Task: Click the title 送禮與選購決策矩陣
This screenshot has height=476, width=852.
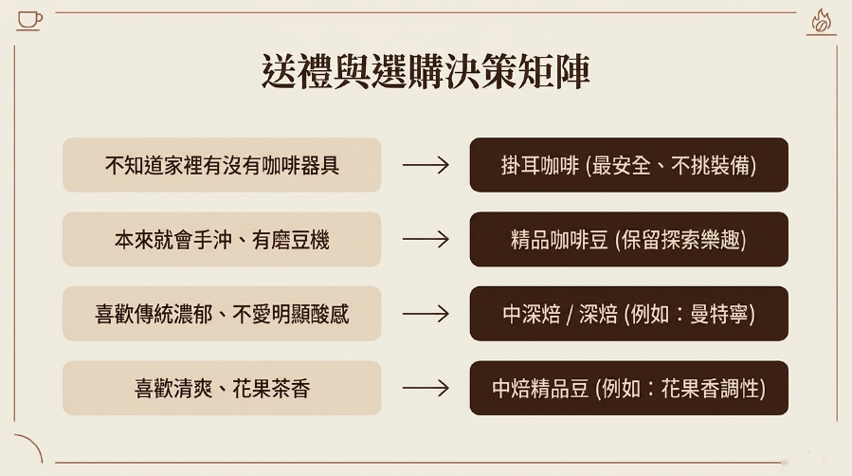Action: [426, 71]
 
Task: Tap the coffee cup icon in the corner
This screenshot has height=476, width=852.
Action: [29, 21]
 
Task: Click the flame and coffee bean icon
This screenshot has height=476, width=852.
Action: [821, 23]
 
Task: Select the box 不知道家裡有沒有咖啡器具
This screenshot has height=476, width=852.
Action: [222, 165]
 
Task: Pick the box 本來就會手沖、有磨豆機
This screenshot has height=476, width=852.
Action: [222, 239]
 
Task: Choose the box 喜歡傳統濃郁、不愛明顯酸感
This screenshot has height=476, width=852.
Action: [222, 314]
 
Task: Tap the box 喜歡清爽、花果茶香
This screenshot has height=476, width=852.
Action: [222, 388]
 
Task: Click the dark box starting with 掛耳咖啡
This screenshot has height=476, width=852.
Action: [628, 165]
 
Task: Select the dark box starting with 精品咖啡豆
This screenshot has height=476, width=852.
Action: [628, 239]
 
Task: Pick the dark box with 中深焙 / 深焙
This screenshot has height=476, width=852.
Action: [628, 314]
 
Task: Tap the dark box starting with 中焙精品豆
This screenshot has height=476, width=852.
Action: [628, 388]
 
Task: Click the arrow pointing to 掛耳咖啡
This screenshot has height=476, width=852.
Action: [426, 165]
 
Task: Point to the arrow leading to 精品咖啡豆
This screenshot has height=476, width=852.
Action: [426, 239]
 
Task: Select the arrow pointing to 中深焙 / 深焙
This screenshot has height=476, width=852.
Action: [426, 314]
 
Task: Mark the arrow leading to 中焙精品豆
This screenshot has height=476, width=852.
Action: [426, 388]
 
